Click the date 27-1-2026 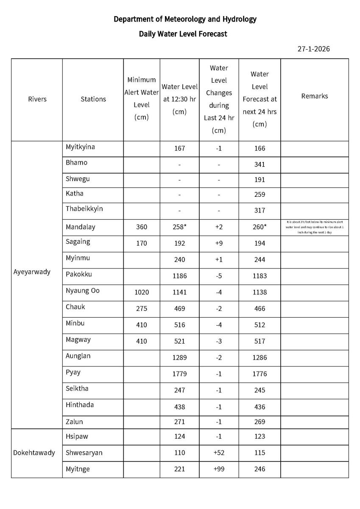pos(313,49)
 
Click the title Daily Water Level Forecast pos(183,34)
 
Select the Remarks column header pos(314,96)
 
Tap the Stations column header pos(93,99)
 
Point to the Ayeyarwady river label pos(32,272)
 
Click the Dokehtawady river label pos(34,453)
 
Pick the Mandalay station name pos(81,227)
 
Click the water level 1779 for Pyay pos(179,374)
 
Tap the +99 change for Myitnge pos(219,469)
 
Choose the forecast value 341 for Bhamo pos(260,165)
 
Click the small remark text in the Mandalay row pos(314,227)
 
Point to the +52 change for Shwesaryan pos(219,453)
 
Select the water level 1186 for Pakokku pos(179,276)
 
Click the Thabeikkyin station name pos(84,209)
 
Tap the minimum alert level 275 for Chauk pos(142,309)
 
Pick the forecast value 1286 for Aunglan pos(260,358)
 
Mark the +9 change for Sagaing pos(219,243)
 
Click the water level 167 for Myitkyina pos(179,148)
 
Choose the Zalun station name pos(74,422)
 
